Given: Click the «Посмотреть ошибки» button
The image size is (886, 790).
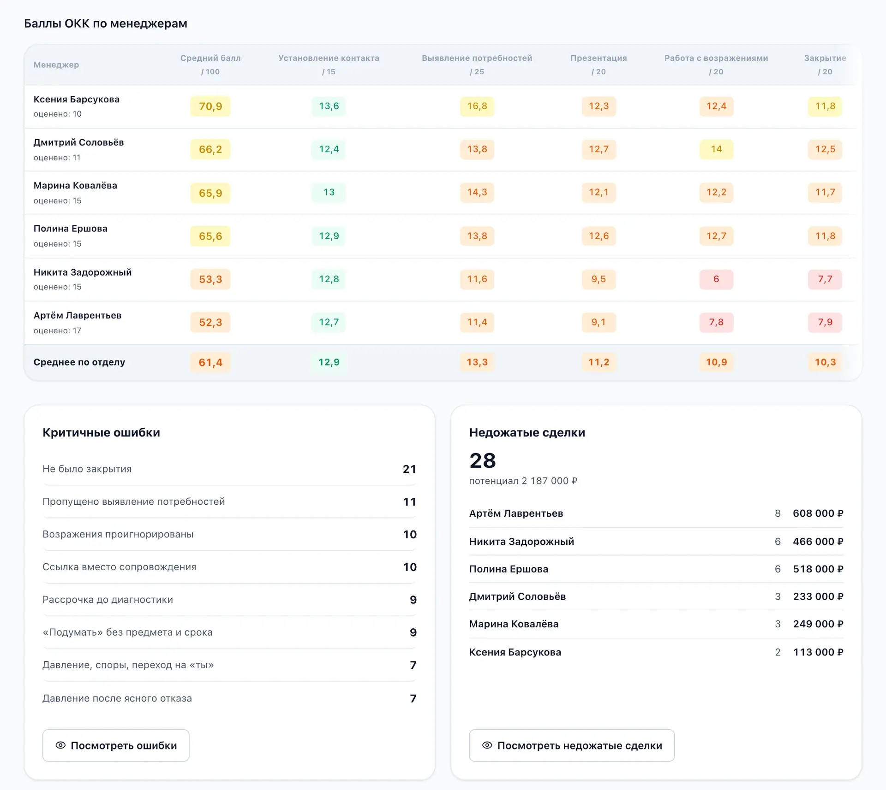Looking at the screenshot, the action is pyautogui.click(x=116, y=745).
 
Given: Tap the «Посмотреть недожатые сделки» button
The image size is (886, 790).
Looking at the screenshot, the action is pyautogui.click(x=572, y=745).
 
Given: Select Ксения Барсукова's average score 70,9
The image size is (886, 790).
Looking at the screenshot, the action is pyautogui.click(x=210, y=106).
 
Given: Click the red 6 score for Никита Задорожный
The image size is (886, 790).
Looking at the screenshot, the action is pyautogui.click(x=716, y=279).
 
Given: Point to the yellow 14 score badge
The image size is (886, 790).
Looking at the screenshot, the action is pyautogui.click(x=716, y=149).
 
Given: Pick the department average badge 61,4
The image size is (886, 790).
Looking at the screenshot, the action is pyautogui.click(x=210, y=362).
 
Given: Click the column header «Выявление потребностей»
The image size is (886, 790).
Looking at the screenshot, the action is pyautogui.click(x=477, y=58).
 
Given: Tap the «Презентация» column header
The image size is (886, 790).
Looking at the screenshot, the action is pyautogui.click(x=599, y=58).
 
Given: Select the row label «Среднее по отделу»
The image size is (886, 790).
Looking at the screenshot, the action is pyautogui.click(x=79, y=362).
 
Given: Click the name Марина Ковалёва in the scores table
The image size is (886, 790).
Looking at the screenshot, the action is pyautogui.click(x=75, y=185).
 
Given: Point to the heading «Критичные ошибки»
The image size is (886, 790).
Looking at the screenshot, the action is pyautogui.click(x=101, y=432).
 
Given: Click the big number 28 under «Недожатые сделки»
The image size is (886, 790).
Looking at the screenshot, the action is pyautogui.click(x=483, y=460).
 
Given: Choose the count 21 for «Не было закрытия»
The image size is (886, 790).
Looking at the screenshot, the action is pyautogui.click(x=410, y=469).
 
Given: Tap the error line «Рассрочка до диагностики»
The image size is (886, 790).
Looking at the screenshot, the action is pyautogui.click(x=108, y=600).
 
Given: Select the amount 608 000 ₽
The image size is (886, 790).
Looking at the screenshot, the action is pyautogui.click(x=818, y=513).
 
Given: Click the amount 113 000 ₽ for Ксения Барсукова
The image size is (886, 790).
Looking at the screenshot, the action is pyautogui.click(x=818, y=652).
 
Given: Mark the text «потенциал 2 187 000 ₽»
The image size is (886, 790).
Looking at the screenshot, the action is pyautogui.click(x=523, y=481).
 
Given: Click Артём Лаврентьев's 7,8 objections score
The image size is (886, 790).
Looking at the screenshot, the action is pyautogui.click(x=716, y=322).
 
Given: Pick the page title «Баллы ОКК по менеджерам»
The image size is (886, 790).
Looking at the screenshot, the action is pyautogui.click(x=106, y=24).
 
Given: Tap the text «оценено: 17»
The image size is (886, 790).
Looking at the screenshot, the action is pyautogui.click(x=57, y=330).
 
